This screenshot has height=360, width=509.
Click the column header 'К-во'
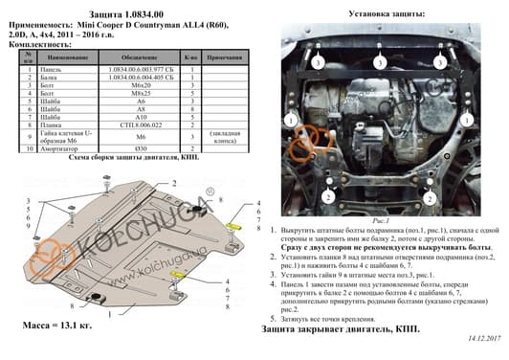(190, 58)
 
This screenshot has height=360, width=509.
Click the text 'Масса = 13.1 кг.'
(58, 326)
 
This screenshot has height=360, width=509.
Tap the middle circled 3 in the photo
(380, 62)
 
